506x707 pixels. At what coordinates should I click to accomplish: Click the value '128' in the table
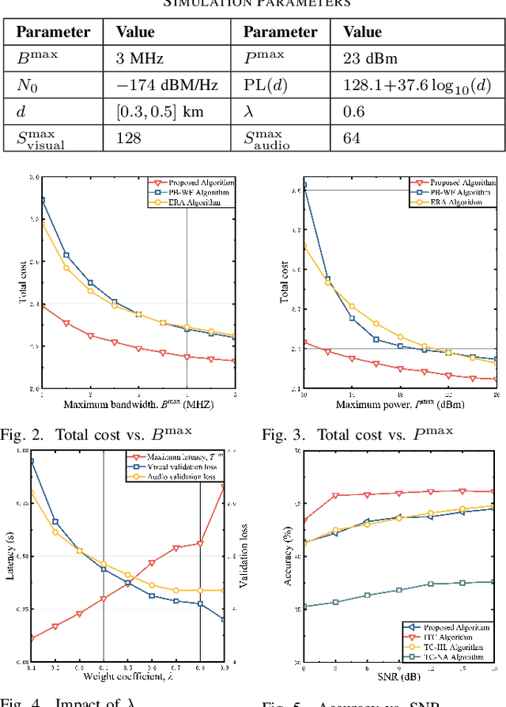click(x=128, y=138)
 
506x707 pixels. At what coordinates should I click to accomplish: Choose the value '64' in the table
click(x=352, y=138)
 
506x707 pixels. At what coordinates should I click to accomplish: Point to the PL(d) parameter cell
click(x=266, y=85)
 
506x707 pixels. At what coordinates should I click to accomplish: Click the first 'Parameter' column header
click(x=53, y=32)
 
